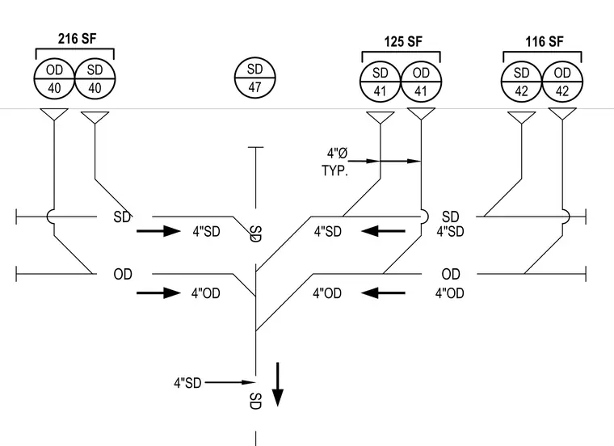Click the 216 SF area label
(77, 38)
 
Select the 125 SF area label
(403, 41)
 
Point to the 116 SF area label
(545, 41)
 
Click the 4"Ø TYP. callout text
(335, 162)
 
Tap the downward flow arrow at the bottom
(278, 385)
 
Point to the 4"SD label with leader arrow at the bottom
(187, 382)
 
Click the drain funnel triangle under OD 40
(54, 115)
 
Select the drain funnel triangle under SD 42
(522, 117)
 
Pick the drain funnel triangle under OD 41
(422, 114)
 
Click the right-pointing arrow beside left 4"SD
(158, 231)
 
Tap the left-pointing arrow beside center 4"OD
(383, 292)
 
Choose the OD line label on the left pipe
(123, 274)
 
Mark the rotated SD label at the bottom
(255, 401)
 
